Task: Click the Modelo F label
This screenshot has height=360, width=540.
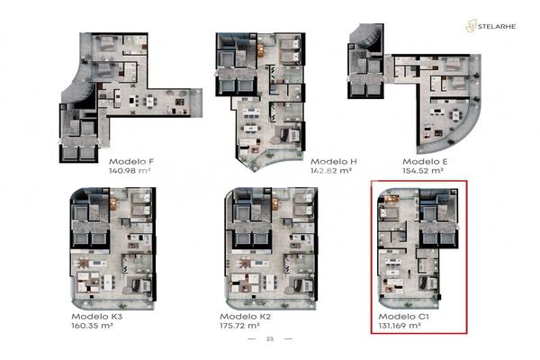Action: click(x=131, y=162)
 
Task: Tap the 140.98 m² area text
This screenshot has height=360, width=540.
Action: click(x=130, y=170)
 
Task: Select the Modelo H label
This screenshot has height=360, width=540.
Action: click(x=334, y=162)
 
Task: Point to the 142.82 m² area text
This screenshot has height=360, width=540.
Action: click(x=331, y=170)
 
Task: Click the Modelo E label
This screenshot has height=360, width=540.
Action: click(x=425, y=162)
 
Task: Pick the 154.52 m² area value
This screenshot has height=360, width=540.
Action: click(x=423, y=170)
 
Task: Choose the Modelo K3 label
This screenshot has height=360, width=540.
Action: click(x=97, y=317)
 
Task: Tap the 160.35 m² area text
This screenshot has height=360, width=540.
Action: click(x=93, y=326)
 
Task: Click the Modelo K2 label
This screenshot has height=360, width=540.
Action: click(x=245, y=317)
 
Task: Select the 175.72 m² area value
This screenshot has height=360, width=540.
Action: click(x=239, y=326)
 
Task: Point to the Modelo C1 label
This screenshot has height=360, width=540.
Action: click(x=403, y=317)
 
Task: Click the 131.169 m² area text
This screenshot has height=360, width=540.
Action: click(x=400, y=326)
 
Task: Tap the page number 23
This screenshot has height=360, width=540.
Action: click(x=270, y=339)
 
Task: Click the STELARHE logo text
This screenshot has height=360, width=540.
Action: click(x=497, y=26)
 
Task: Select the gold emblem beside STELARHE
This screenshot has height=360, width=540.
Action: click(x=471, y=26)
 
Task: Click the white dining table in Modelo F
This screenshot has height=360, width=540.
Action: click(x=150, y=101)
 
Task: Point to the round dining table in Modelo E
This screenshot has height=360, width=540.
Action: click(x=455, y=114)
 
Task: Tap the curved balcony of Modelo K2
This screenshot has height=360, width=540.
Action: click(x=271, y=304)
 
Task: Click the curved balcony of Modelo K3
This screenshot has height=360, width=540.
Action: click(x=113, y=304)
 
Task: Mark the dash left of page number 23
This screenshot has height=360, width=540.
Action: click(x=252, y=339)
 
